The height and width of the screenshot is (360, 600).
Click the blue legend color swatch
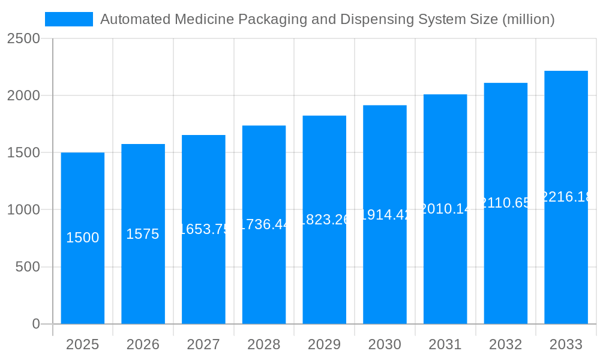point(69,19)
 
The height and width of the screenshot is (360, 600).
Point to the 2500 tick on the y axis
point(23,39)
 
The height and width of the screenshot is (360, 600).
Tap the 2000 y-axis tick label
point(23,96)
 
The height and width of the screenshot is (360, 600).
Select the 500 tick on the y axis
point(28,267)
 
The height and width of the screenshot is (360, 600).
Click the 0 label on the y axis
point(35,324)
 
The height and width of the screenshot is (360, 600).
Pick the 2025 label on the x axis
point(82,344)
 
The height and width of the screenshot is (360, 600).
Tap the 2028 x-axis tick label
point(263,344)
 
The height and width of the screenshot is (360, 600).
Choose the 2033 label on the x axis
point(566,344)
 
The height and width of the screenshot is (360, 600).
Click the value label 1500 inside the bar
point(82,238)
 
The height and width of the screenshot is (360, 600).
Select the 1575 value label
point(143,234)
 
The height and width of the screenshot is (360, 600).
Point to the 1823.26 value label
point(324,220)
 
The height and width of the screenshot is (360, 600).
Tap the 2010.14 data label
point(445,209)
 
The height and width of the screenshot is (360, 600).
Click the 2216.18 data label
point(566,197)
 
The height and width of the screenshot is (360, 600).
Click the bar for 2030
point(385,270)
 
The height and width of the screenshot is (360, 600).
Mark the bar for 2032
point(506,270)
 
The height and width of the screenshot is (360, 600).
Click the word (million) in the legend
point(528,19)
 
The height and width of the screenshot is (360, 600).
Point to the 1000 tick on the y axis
point(23,210)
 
